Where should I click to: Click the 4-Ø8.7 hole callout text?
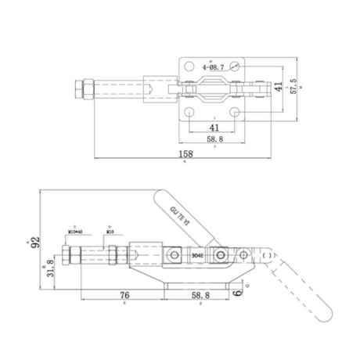[x=216, y=69]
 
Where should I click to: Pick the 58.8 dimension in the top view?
[x=214, y=139]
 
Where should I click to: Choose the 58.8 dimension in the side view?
[x=200, y=296]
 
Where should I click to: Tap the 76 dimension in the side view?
[x=124, y=296]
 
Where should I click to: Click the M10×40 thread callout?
[x=76, y=232]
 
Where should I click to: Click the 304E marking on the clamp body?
[x=197, y=255]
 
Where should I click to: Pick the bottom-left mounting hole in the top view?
[x=191, y=113]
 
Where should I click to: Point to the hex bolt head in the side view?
[x=74, y=258]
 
